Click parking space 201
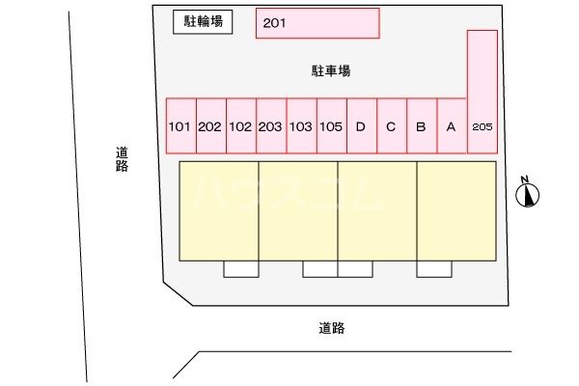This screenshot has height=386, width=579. (317, 23)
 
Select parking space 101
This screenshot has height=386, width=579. (180, 125)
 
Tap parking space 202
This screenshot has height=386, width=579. (210, 125)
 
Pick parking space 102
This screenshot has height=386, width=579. (241, 125)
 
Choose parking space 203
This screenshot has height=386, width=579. (271, 125)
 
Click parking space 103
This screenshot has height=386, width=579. (301, 125)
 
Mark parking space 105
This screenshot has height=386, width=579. (331, 125)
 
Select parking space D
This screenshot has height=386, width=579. (361, 125)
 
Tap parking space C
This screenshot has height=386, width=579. (391, 125)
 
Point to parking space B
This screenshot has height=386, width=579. (421, 125)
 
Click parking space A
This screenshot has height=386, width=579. (451, 125)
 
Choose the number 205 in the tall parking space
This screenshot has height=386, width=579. (482, 126)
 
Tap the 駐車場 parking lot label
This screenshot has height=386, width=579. (330, 70)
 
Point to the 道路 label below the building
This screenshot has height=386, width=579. (331, 328)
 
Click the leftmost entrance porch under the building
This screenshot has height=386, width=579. (241, 268)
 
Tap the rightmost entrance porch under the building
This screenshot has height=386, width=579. (434, 268)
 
